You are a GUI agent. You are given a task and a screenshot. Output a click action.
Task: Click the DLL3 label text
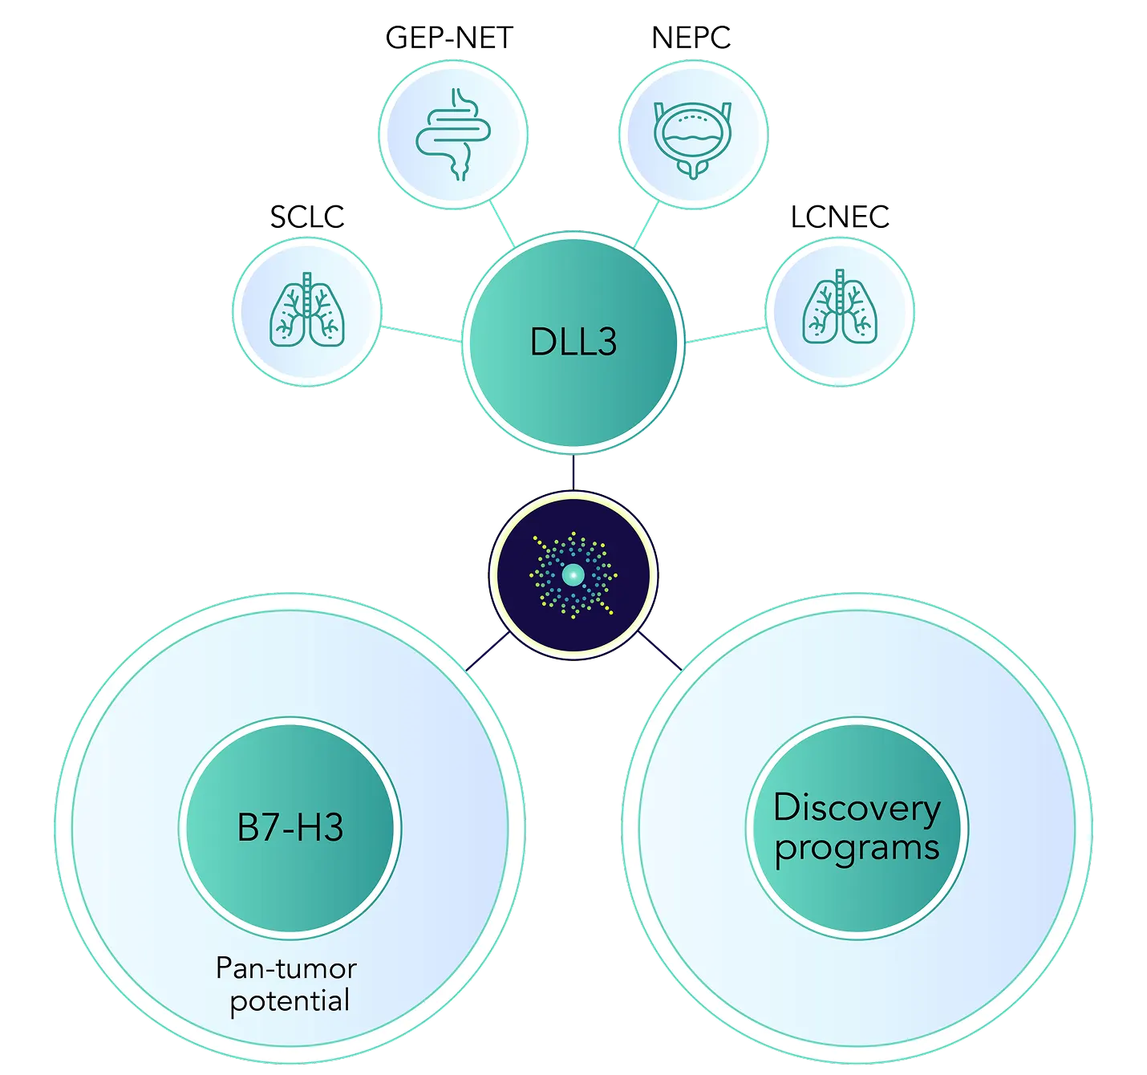click(x=573, y=343)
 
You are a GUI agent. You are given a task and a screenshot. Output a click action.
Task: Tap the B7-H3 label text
click(x=290, y=828)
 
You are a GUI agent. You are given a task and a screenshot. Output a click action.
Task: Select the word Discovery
click(x=857, y=808)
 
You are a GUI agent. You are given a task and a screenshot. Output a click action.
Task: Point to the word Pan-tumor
click(x=286, y=968)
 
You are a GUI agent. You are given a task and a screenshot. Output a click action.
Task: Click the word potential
click(x=290, y=1001)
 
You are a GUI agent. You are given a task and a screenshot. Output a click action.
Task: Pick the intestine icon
click(x=453, y=134)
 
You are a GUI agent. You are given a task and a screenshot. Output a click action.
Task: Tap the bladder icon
click(x=692, y=136)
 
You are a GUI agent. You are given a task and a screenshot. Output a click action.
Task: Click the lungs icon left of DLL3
click(x=307, y=311)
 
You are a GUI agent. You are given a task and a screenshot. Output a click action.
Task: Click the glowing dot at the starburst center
click(x=573, y=574)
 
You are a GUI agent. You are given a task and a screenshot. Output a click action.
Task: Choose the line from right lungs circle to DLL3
click(x=725, y=335)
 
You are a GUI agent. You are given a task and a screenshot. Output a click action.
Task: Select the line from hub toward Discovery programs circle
click(x=660, y=651)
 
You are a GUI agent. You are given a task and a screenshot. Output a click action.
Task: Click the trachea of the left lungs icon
click(x=307, y=286)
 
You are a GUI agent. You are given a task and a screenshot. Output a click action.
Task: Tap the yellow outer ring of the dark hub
click(x=491, y=574)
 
